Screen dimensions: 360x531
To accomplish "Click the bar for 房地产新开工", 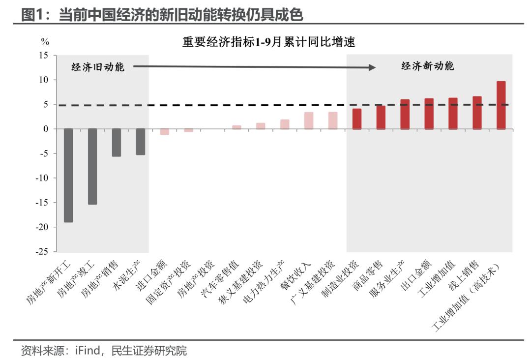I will (x=68, y=175).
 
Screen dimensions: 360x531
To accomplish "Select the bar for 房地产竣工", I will (x=92, y=166).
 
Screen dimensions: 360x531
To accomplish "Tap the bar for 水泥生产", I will (x=141, y=142).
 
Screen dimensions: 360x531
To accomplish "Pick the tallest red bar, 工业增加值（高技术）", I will (x=501, y=105).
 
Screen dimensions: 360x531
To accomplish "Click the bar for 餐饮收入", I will (x=309, y=120).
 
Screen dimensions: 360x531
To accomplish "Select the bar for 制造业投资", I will (x=357, y=119).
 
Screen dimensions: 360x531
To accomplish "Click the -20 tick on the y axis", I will (x=45, y=227).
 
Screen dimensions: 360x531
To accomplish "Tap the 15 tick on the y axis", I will (x=45, y=56).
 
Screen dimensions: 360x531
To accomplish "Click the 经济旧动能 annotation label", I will (x=98, y=67).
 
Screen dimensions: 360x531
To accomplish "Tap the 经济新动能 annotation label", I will (x=428, y=66).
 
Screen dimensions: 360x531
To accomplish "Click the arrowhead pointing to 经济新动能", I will (x=372, y=67).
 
